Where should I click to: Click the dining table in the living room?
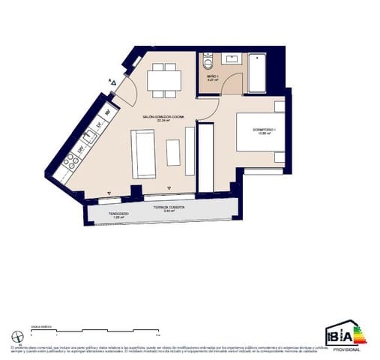pyautogui.click(x=163, y=79)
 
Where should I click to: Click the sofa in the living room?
pyautogui.click(x=142, y=154)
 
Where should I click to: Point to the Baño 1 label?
pyautogui.click(x=212, y=76)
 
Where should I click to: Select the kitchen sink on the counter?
pyautogui.click(x=89, y=136)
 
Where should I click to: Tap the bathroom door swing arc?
pyautogui.click(x=232, y=85)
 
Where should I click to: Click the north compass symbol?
pyautogui.click(x=17, y=336)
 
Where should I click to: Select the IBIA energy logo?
pyautogui.click(x=343, y=334)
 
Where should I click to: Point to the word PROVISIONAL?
pyautogui.click(x=346, y=349)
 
